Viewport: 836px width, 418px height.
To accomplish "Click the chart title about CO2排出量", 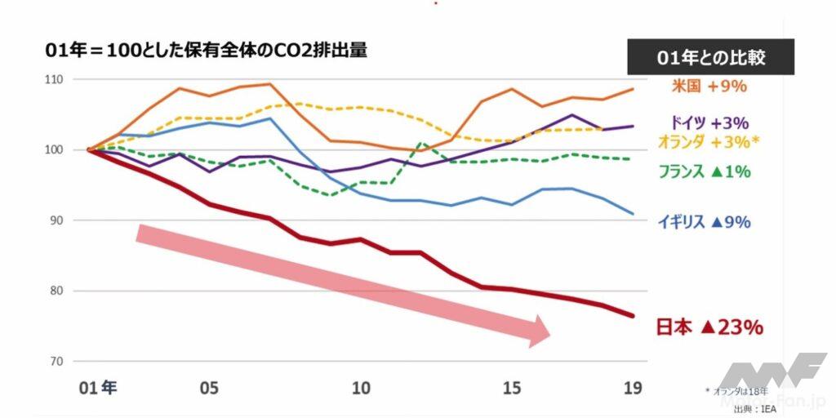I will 206,51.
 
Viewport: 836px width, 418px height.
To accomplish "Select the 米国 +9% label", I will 709,86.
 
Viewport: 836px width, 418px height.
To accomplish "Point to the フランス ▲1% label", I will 704,171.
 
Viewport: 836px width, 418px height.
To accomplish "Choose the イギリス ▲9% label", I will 704,221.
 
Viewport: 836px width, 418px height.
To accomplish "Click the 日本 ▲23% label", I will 709,327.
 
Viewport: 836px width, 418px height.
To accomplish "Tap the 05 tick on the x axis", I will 209,386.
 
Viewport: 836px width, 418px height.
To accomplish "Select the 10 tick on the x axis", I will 360,386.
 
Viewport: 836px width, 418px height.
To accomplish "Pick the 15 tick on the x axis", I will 512,386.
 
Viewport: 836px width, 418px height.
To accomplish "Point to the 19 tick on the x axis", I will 633,386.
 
